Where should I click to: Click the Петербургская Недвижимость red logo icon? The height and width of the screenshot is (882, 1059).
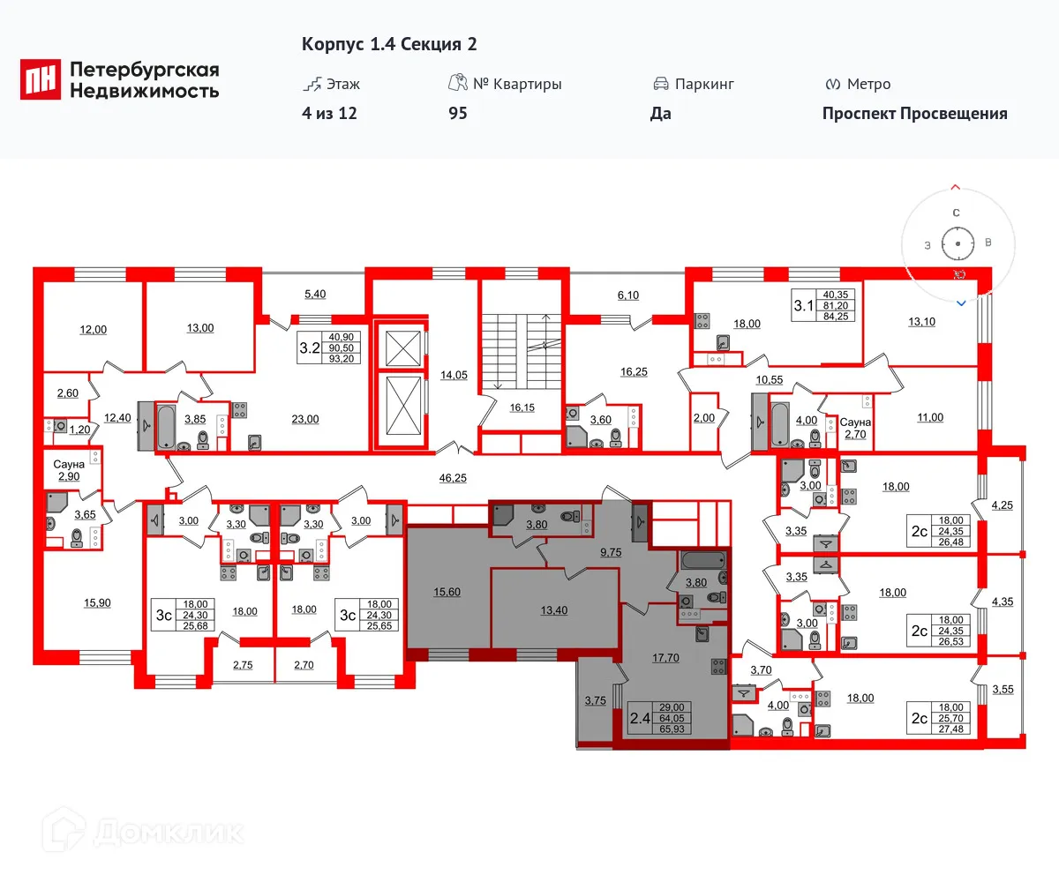pyautogui.click(x=41, y=79)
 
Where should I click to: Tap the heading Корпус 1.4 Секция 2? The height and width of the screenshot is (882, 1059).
pyautogui.click(x=389, y=44)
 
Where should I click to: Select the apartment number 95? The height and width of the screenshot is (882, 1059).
pyautogui.click(x=457, y=113)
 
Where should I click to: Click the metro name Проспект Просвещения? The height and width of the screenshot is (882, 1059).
pyautogui.click(x=914, y=113)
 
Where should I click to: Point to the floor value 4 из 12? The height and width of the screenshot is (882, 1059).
pyautogui.click(x=329, y=113)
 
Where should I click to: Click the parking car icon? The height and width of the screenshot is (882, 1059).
pyautogui.click(x=660, y=84)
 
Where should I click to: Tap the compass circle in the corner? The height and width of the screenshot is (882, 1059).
pyautogui.click(x=957, y=242)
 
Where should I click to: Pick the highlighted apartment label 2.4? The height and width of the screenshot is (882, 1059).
pyautogui.click(x=641, y=716)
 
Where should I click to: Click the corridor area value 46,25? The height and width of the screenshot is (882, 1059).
pyautogui.click(x=451, y=477)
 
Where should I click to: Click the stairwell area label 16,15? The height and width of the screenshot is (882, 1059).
pyautogui.click(x=522, y=407)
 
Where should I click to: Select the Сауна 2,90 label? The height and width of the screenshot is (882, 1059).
pyautogui.click(x=68, y=469)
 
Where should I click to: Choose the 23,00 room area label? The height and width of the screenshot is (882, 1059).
pyautogui.click(x=305, y=419)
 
